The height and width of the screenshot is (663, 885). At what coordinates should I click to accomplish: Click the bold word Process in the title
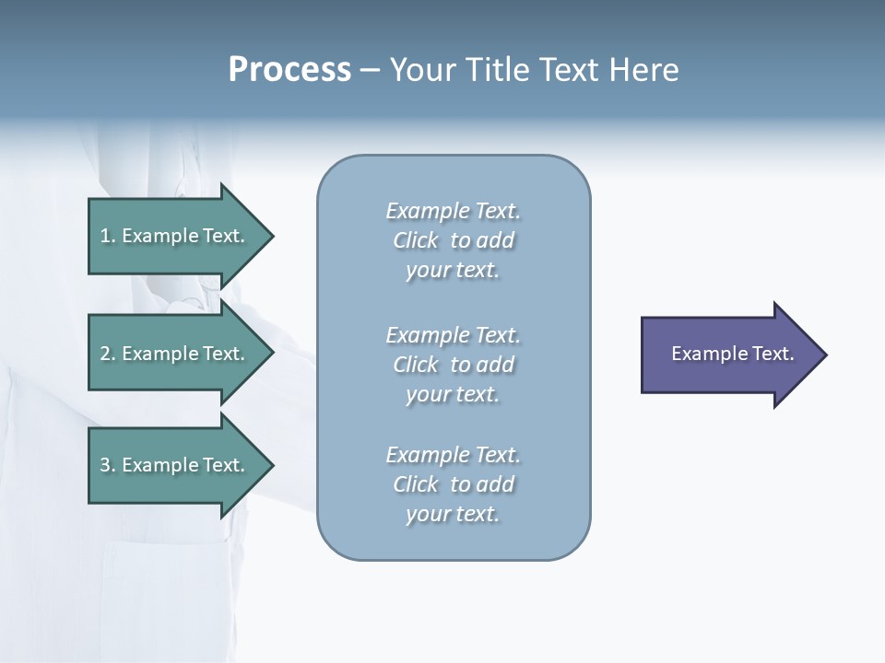289,70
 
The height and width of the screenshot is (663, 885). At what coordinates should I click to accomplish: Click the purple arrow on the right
728,355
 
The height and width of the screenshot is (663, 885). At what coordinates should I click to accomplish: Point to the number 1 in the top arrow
105,236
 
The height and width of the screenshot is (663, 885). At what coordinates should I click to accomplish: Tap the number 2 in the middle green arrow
105,354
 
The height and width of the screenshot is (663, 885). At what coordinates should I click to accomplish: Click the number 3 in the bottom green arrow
105,465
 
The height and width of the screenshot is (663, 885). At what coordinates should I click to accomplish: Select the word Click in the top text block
416,241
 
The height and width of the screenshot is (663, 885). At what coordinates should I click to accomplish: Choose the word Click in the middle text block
416,365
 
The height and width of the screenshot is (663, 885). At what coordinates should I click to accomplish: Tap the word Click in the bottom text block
416,484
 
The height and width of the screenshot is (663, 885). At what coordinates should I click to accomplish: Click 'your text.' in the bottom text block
453,514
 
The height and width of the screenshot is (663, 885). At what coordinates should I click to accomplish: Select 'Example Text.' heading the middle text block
453,335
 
